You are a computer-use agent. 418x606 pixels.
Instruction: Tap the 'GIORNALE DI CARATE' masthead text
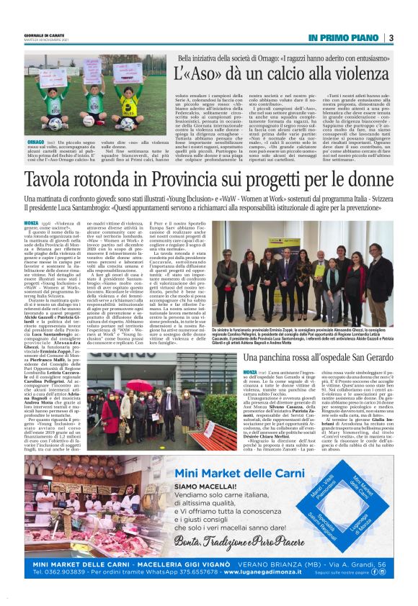coord(42,34)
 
